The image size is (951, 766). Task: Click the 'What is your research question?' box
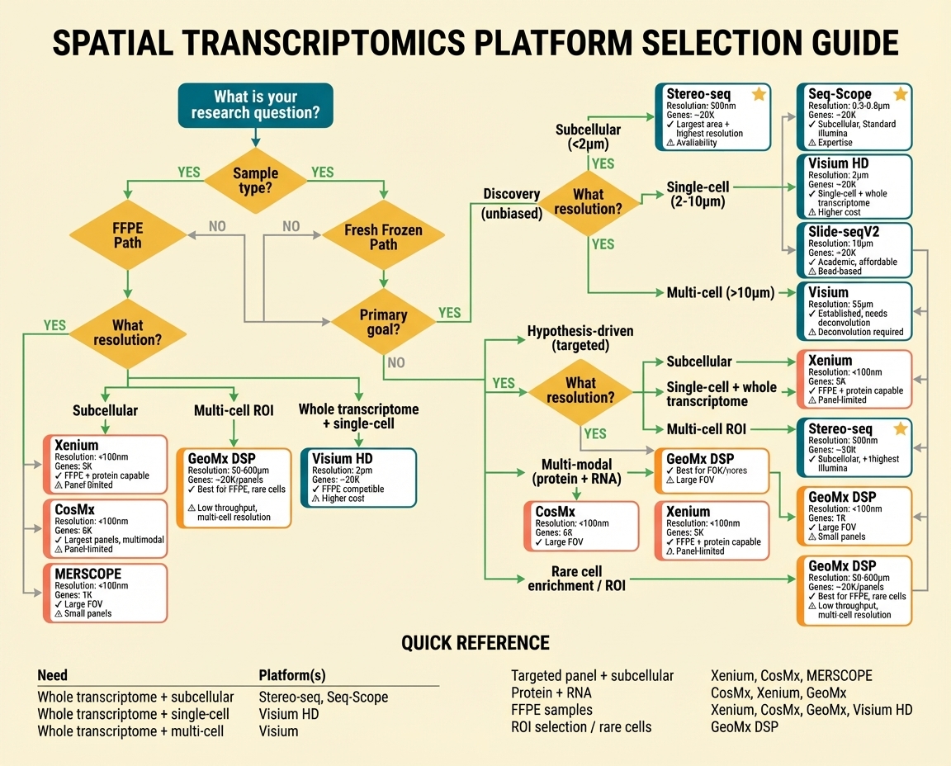coord(255,105)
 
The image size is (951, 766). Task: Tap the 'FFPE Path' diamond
coord(127,235)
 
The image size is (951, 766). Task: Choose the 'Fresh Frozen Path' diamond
coord(383,237)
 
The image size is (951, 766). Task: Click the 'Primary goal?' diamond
coord(383,323)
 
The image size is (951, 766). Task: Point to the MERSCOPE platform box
coord(105,593)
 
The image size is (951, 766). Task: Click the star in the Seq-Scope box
coord(900,95)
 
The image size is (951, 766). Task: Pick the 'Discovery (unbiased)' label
coord(511,204)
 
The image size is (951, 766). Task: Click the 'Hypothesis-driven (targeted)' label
coord(580,338)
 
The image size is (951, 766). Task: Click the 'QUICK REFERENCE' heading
coord(475,643)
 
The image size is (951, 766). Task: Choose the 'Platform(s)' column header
coord(291,675)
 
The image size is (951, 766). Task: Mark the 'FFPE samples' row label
coord(551,710)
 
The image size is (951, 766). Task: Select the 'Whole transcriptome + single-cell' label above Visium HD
coord(358,416)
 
